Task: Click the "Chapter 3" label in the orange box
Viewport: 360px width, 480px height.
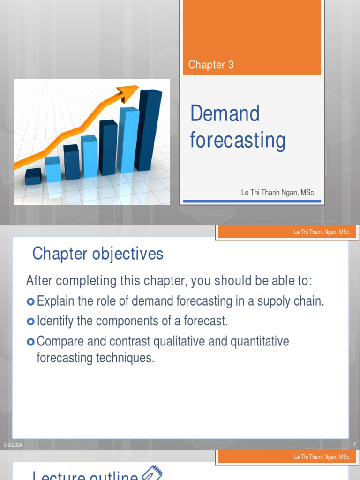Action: click(x=210, y=65)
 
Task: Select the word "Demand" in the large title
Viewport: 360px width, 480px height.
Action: click(x=225, y=114)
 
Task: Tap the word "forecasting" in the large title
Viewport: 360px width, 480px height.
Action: click(x=237, y=141)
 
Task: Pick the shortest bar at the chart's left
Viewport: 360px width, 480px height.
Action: click(x=33, y=176)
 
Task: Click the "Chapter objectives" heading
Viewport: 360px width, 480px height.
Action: click(x=97, y=254)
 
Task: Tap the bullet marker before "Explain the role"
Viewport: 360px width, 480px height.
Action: click(x=31, y=301)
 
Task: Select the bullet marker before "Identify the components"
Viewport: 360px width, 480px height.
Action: click(x=31, y=322)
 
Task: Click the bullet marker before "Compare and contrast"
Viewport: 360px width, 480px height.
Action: click(x=31, y=342)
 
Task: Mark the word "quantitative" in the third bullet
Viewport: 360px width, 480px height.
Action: click(x=259, y=342)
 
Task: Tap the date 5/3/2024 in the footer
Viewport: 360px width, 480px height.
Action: click(x=13, y=444)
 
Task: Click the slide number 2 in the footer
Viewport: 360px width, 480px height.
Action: click(x=354, y=444)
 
